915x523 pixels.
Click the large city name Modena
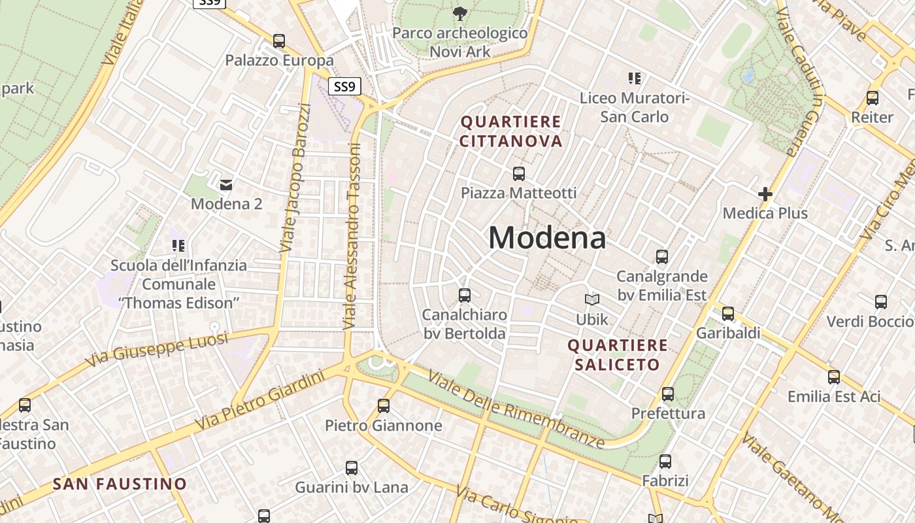[547, 237]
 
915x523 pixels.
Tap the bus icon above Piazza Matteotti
[519, 174]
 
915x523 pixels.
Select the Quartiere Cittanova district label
[511, 131]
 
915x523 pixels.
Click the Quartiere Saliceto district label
[618, 354]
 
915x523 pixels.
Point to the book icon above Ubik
[592, 300]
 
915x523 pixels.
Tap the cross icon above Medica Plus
[765, 194]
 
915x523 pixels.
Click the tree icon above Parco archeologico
[460, 13]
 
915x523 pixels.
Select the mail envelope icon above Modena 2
[227, 185]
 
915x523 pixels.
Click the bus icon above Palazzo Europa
[279, 41]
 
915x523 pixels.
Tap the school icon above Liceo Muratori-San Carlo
[634, 78]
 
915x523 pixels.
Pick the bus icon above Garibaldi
[728, 314]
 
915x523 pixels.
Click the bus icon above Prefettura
[667, 394]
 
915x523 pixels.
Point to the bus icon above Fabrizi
[665, 462]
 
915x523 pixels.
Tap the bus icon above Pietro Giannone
[384, 406]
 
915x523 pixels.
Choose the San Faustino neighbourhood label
[120, 484]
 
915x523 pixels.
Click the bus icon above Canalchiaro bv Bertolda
[465, 295]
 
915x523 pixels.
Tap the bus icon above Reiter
[872, 98]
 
